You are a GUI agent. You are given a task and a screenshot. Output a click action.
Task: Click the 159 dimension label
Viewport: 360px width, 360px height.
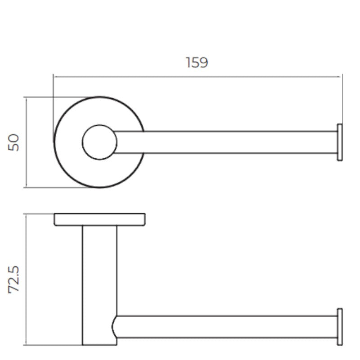tap(197, 63)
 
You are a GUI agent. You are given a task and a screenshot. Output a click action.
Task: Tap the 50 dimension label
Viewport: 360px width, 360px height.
tap(13, 142)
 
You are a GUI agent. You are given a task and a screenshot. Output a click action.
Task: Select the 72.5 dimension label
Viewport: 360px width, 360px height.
tap(13, 279)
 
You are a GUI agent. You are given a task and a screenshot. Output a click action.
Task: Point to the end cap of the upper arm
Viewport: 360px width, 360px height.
tap(340, 142)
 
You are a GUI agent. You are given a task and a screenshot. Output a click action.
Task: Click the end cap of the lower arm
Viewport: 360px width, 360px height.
tap(340, 327)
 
